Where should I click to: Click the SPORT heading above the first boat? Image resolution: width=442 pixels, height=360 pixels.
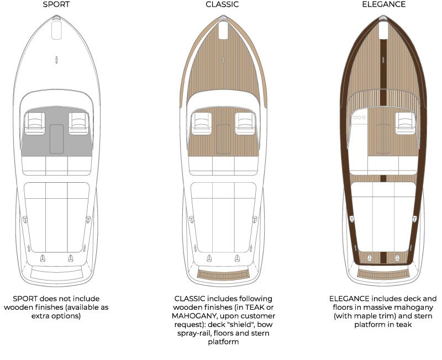coord(56,4)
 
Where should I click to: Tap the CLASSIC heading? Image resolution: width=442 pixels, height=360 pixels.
coord(222,4)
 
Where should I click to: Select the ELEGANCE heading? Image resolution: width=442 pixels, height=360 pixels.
coord(383,4)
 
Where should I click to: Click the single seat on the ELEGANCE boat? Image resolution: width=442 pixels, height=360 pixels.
coord(406,123)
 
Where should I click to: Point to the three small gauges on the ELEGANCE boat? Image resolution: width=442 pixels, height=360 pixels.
coord(361,118)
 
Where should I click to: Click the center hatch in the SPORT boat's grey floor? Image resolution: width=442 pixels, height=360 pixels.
coord(56,139)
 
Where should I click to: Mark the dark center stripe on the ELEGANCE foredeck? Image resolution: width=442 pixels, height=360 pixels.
coord(383,66)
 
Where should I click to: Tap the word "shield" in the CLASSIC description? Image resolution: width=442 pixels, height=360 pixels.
coord(251,325)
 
